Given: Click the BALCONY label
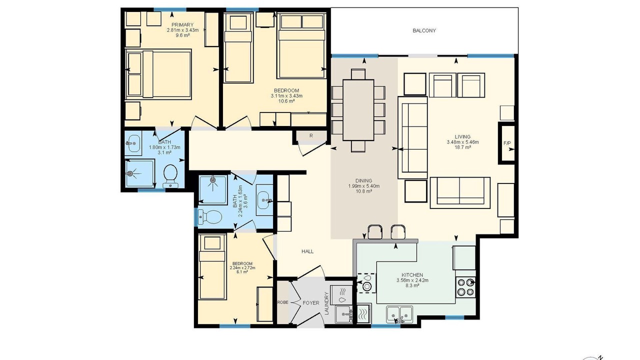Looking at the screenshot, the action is (424, 30).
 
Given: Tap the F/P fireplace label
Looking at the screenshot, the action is (507, 143).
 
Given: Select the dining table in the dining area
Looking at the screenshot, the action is (358, 110).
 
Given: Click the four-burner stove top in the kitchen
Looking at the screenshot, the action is (465, 287).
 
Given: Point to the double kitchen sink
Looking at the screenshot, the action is (400, 314).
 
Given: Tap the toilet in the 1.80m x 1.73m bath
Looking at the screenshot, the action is (170, 175).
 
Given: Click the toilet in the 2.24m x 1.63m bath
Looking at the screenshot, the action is (210, 217).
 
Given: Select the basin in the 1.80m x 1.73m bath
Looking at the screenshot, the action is (133, 143).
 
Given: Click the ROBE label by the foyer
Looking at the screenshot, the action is (282, 302).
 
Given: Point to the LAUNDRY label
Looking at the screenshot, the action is (327, 303).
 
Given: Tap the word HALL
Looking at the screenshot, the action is (307, 251).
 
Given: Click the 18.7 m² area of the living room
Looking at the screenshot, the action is (463, 147).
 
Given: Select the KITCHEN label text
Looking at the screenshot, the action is (412, 275).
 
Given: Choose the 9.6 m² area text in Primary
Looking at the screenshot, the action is (183, 35).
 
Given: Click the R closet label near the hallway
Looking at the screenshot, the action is (311, 135).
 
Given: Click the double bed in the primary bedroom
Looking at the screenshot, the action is (158, 74).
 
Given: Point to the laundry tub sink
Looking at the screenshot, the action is (344, 314).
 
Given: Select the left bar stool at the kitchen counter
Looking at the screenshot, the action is (375, 231).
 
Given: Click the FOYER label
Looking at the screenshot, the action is (311, 303).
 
